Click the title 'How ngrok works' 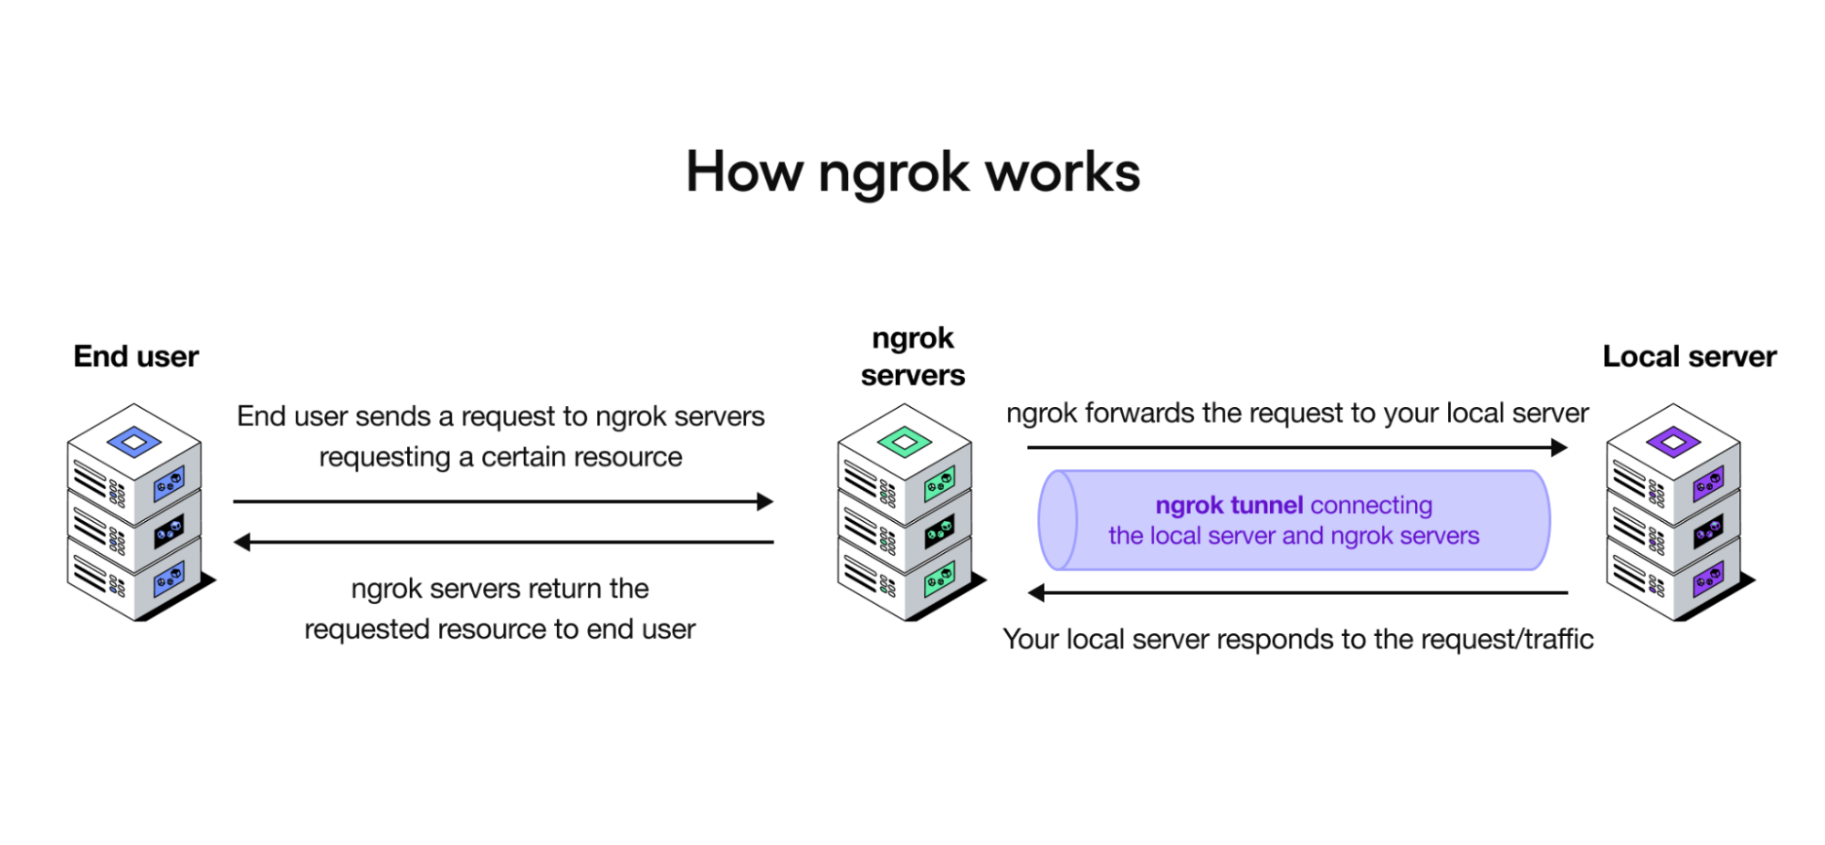click(913, 172)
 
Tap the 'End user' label click(136, 356)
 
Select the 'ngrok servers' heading click(912, 357)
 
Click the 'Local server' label click(1689, 356)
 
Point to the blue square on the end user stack click(134, 443)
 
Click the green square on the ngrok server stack click(904, 443)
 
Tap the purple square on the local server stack click(1673, 443)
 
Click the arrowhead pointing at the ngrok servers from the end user click(765, 501)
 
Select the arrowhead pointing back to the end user click(242, 542)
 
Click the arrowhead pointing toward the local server click(1559, 447)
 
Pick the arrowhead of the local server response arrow click(1036, 593)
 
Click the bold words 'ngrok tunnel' click(1229, 506)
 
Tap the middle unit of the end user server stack click(134, 529)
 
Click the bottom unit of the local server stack click(1673, 582)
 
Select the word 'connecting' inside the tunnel click(1371, 506)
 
